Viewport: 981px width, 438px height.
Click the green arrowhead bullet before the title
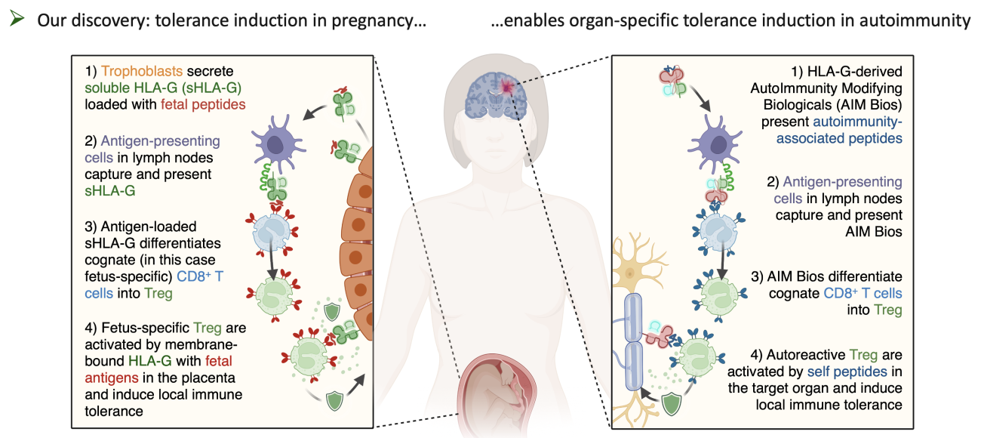pos(17,18)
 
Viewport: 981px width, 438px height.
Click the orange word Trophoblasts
pos(141,71)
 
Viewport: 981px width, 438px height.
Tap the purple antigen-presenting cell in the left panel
pos(276,143)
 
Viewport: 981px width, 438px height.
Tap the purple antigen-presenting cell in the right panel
pos(716,143)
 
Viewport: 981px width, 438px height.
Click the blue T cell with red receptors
pos(272,233)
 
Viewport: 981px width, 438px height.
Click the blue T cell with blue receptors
pos(718,230)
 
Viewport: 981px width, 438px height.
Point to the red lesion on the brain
pos(506,87)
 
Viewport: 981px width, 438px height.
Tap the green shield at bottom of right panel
pos(672,403)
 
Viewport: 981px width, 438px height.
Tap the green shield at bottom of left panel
pos(334,401)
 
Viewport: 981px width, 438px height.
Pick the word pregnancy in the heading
pos(372,20)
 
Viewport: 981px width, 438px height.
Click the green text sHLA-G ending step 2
pos(110,191)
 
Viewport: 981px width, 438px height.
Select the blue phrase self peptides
pos(847,372)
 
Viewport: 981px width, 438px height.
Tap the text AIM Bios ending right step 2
pos(874,232)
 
